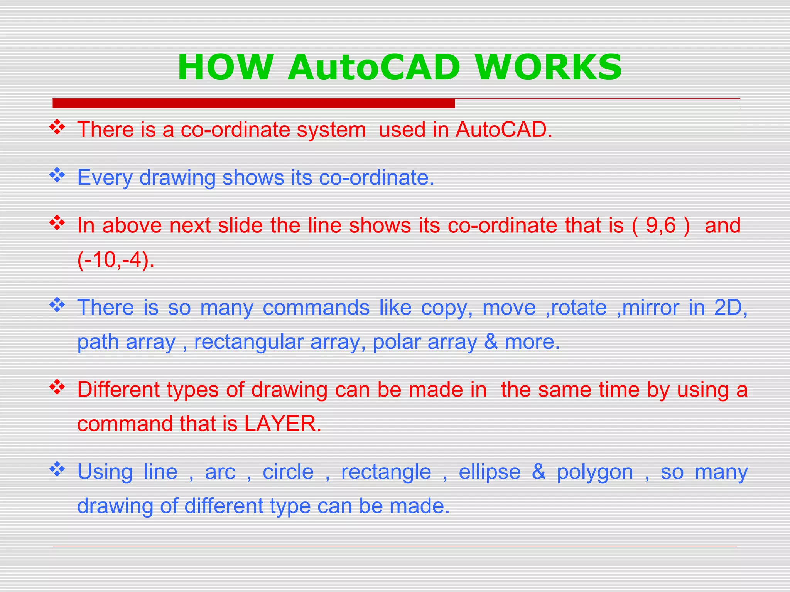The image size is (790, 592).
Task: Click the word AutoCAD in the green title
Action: [x=373, y=67]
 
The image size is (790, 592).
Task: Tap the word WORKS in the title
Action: [x=549, y=67]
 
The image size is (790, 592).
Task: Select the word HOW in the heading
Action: [x=226, y=67]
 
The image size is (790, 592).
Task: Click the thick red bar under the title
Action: [x=253, y=103]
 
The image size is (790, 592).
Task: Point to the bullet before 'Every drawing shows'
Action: [x=57, y=175]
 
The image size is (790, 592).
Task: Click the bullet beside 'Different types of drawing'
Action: [x=57, y=387]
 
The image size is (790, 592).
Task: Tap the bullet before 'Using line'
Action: [x=57, y=469]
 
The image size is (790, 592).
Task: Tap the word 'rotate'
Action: [x=579, y=308]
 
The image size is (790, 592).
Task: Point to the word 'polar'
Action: [x=396, y=342]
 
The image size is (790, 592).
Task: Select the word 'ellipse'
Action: [x=489, y=472]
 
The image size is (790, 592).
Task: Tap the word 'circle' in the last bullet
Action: [x=288, y=472]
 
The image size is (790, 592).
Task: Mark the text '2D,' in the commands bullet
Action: [x=731, y=308]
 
